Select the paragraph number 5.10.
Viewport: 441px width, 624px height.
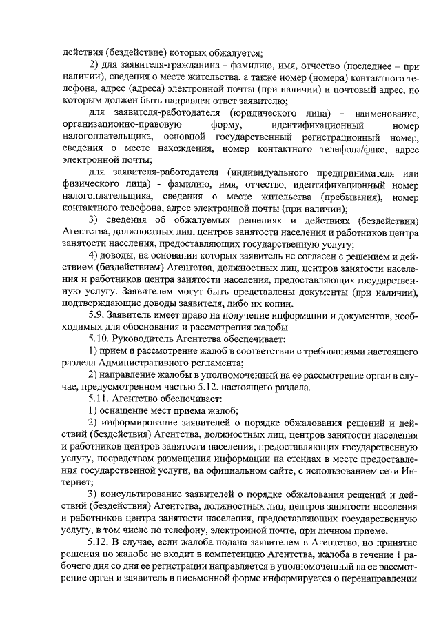[101, 339]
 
